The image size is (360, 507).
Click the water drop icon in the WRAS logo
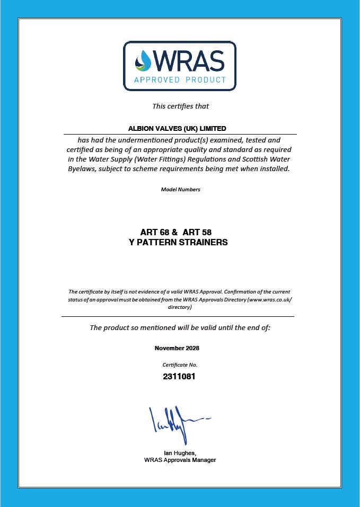[x=143, y=60]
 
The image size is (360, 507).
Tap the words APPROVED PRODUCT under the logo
[x=180, y=80]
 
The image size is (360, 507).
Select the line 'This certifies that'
[x=180, y=106]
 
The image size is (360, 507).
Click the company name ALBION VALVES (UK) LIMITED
[x=177, y=128]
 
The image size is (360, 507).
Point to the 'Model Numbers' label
[x=180, y=190]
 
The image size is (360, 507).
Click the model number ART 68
[x=155, y=233]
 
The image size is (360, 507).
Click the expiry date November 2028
[x=177, y=348]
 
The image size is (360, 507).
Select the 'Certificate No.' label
[x=180, y=364]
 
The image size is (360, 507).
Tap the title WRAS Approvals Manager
[x=180, y=460]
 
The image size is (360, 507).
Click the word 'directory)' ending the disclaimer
[x=180, y=307]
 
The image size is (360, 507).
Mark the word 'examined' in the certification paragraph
[x=225, y=140]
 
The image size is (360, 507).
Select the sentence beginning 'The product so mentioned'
[x=180, y=327]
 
